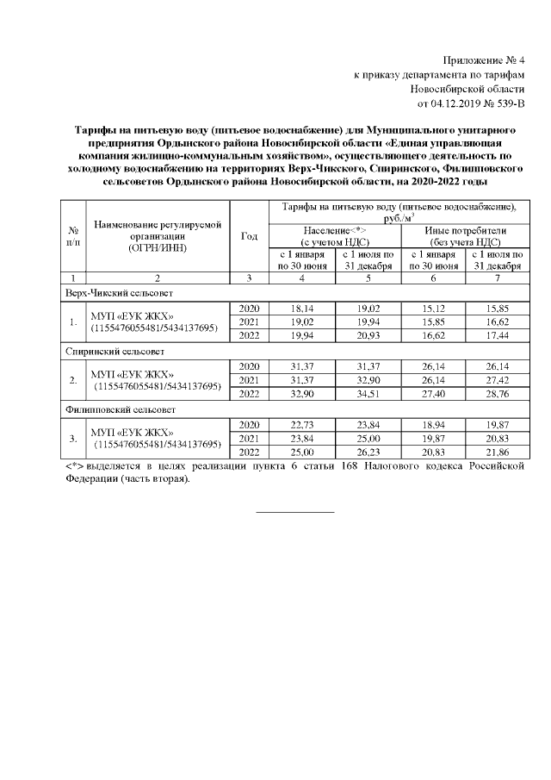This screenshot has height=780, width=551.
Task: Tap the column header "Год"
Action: [x=250, y=236]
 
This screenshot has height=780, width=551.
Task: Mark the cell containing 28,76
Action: [x=498, y=395]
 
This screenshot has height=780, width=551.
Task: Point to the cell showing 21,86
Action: [x=498, y=452]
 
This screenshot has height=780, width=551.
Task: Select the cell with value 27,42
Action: [x=498, y=380]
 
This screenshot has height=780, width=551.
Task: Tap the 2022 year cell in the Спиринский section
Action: [x=250, y=395]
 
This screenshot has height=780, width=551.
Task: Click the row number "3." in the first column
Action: [x=73, y=438]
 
